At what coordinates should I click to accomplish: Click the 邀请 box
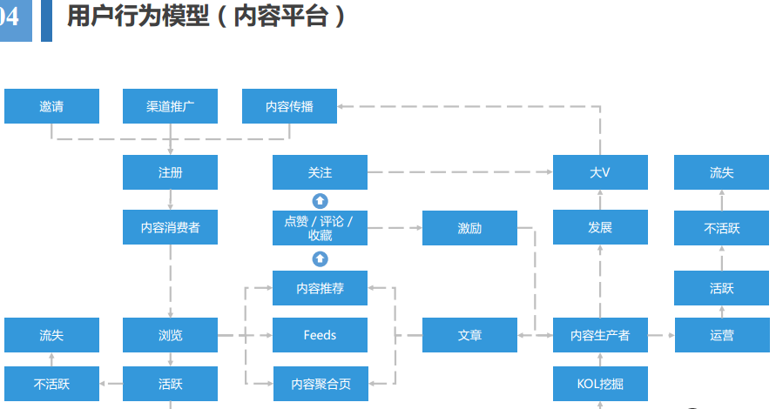tap(51, 106)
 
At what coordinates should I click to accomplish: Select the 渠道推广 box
tap(170, 106)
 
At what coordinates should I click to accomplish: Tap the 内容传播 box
tap(289, 106)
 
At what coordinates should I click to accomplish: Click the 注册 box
tap(170, 172)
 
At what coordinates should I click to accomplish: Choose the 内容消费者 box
tap(170, 227)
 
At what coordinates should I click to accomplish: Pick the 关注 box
tap(320, 172)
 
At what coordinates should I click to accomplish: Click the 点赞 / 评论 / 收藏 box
tap(320, 227)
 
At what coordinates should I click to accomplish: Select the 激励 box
tap(469, 227)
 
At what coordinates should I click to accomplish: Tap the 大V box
tap(600, 172)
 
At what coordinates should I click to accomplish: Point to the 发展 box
tap(600, 227)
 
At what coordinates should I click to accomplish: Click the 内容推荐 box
tap(320, 288)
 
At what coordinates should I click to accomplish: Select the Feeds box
tap(320, 335)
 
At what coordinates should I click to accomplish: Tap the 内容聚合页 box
tap(320, 383)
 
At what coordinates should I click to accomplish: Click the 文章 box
tap(469, 335)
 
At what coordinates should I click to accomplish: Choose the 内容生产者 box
tap(600, 335)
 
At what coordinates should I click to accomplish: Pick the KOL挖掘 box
tap(600, 383)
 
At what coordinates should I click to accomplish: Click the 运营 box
tap(721, 335)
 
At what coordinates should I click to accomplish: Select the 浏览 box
tap(170, 335)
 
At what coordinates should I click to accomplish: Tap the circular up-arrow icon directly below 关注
tap(320, 200)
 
